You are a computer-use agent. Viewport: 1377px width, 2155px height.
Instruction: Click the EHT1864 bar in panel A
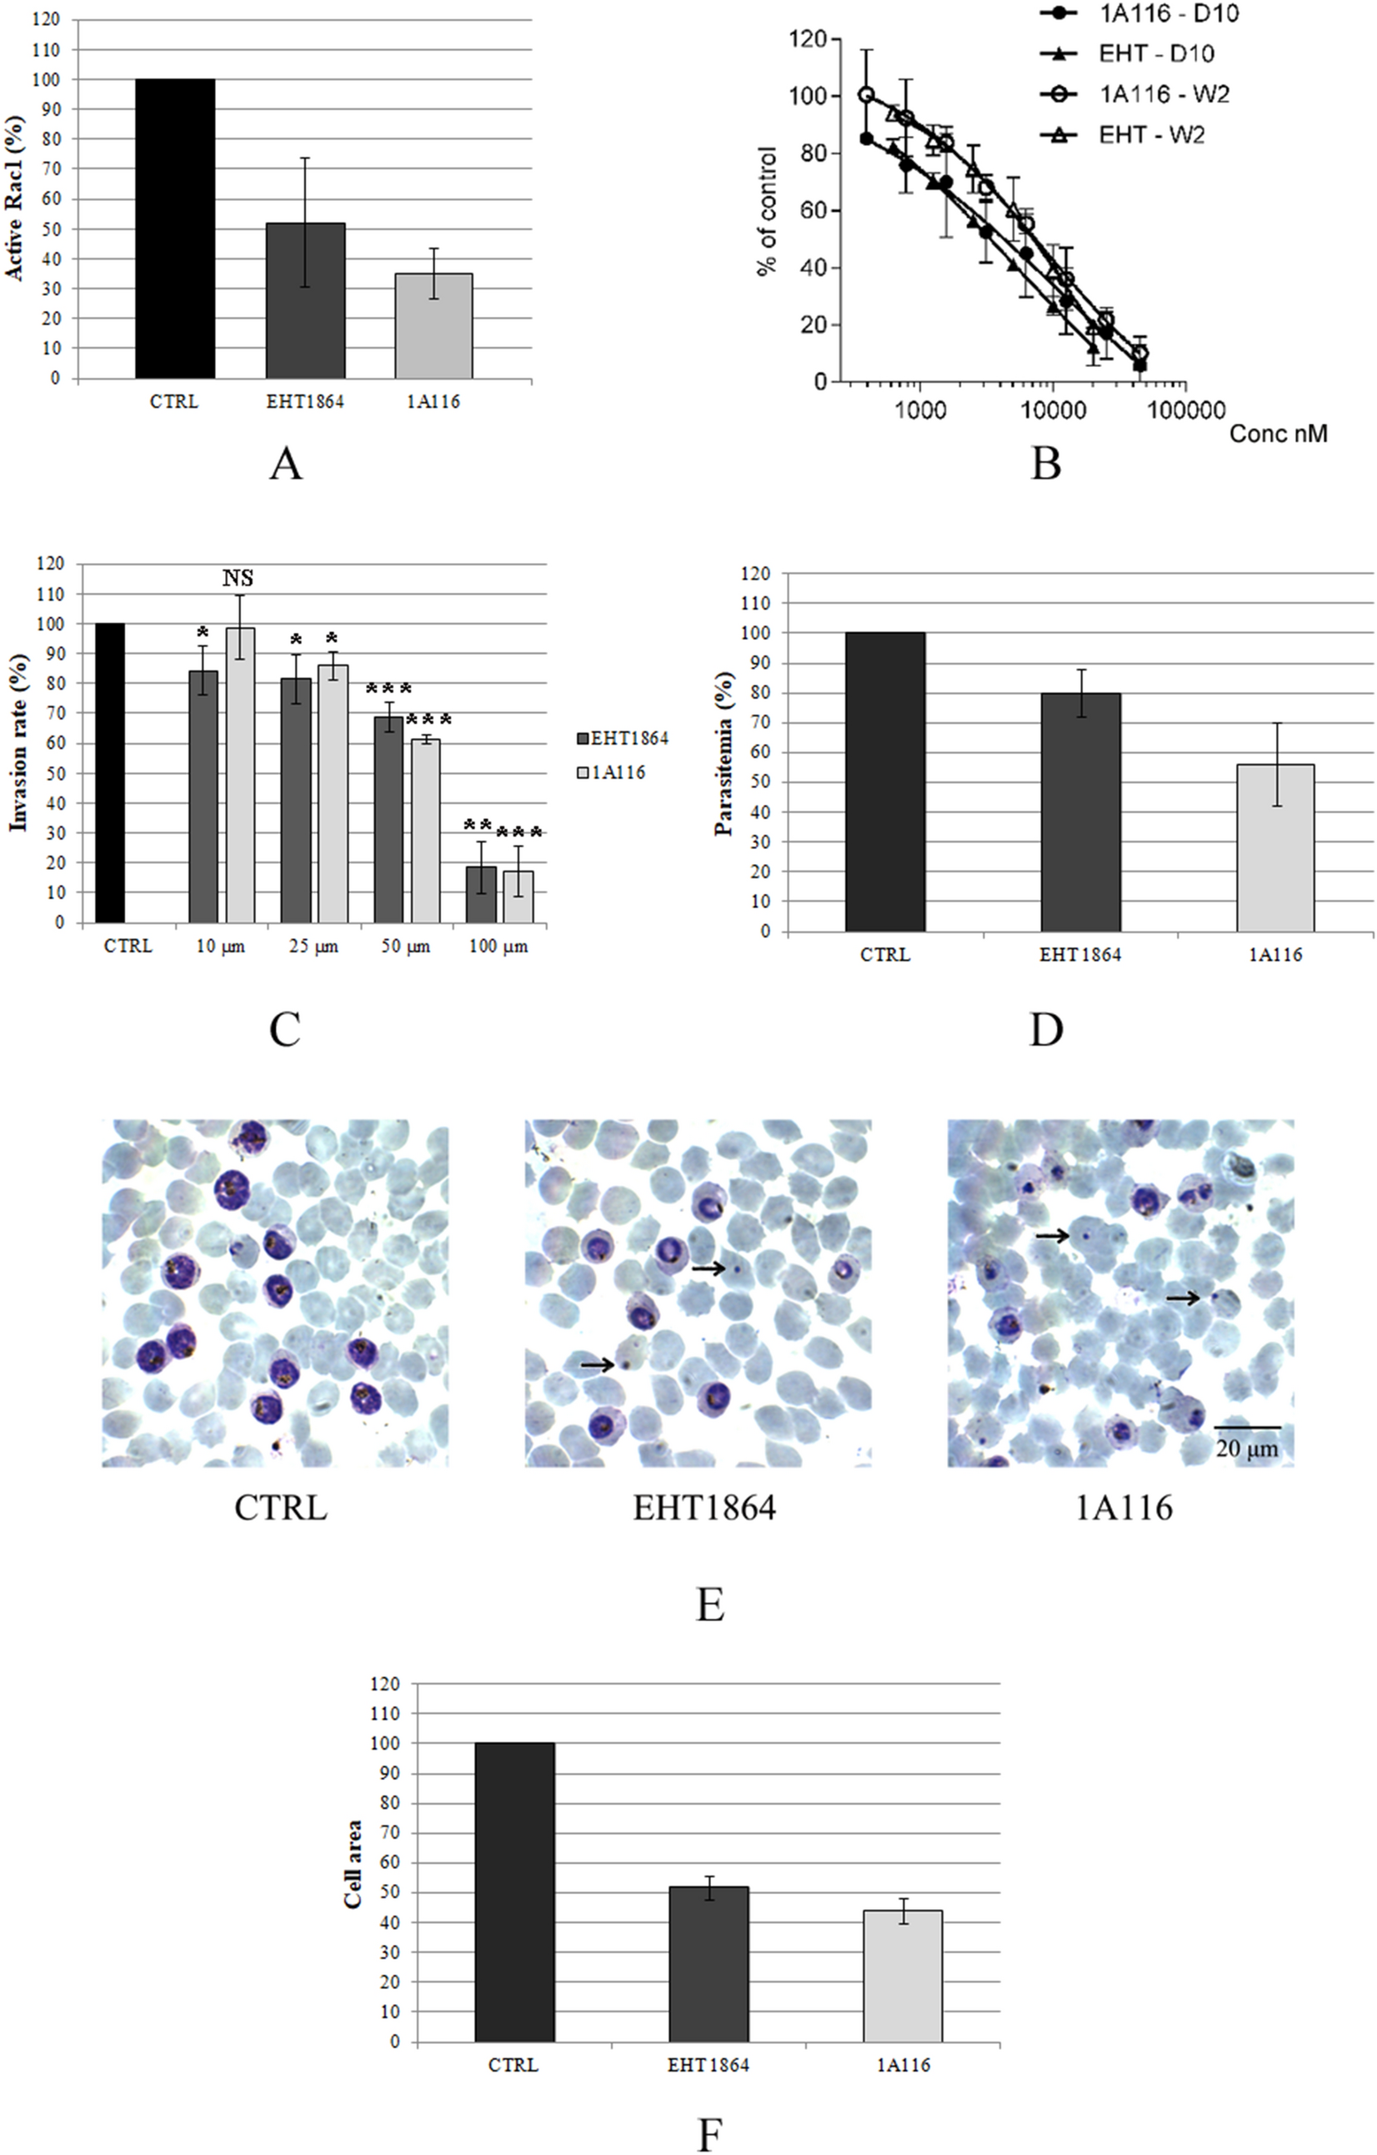[305, 301]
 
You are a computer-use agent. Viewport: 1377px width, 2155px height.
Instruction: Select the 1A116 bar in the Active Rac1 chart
[434, 326]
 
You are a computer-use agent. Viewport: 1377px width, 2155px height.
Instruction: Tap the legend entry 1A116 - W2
[1162, 93]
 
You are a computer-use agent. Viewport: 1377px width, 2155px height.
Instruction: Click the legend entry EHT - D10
[1155, 53]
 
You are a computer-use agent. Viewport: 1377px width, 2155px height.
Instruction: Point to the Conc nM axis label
[1278, 434]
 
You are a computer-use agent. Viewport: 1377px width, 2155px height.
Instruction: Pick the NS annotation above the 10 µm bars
[238, 579]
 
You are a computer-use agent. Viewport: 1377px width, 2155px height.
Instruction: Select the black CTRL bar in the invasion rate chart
[110, 773]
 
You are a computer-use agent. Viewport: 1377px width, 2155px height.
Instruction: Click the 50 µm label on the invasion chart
[405, 946]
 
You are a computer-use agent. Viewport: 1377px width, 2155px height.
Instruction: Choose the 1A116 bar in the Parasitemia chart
[1275, 847]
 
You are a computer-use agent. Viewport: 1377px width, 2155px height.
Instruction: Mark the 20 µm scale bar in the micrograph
[1246, 1427]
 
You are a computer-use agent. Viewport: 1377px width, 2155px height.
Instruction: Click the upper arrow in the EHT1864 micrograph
[708, 1269]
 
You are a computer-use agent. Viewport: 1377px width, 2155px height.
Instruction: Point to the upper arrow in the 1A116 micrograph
[1052, 1236]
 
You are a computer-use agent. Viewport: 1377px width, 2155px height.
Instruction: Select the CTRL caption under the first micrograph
[281, 1508]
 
